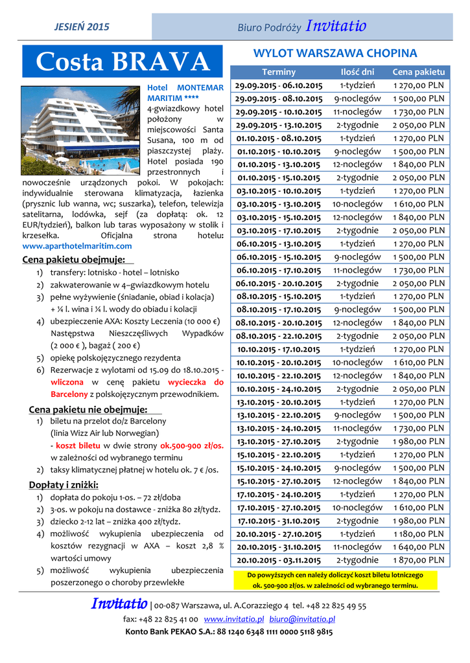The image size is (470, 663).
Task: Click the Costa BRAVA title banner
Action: click(123, 62)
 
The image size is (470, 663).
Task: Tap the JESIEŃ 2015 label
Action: click(81, 27)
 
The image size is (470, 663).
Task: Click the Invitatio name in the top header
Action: click(336, 27)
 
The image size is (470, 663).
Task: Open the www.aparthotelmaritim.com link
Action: click(77, 246)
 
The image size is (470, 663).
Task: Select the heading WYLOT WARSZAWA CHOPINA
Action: click(335, 53)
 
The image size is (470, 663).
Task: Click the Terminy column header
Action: click(279, 72)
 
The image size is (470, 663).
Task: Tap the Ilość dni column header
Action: click(357, 72)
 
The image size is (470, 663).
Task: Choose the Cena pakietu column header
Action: click(418, 72)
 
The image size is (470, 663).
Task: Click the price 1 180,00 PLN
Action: click(418, 534)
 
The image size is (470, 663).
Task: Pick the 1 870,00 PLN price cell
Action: click(418, 560)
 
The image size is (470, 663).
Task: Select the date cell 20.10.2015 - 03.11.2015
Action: click(279, 561)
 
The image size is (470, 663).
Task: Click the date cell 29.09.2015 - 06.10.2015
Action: click(279, 85)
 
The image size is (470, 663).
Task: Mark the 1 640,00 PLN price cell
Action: click(418, 547)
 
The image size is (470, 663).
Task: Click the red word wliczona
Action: click(67, 382)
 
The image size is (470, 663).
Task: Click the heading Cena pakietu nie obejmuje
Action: click(89, 409)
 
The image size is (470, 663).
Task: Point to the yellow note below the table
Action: click(335, 579)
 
